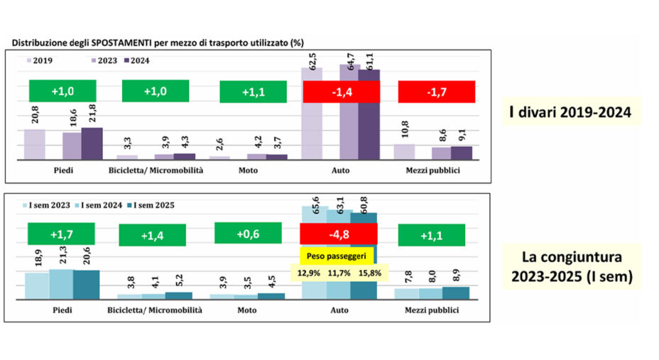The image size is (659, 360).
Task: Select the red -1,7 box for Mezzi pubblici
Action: (x=432, y=92)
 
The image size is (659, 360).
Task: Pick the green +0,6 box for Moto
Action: (x=249, y=234)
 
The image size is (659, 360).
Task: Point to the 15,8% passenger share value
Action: (x=371, y=271)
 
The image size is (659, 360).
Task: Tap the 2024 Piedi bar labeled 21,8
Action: (x=92, y=144)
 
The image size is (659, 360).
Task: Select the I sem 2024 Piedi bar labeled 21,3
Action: (x=61, y=284)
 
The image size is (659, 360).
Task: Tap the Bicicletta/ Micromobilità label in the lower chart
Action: (x=155, y=310)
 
